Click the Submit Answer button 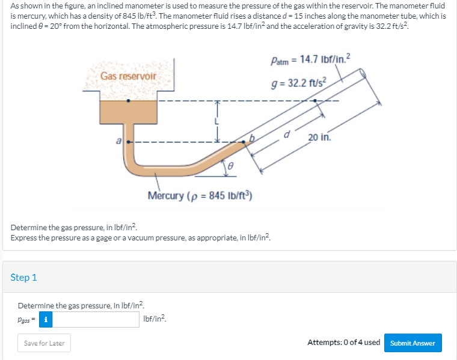pyautogui.click(x=413, y=343)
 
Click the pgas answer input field pyautogui.click(x=96, y=319)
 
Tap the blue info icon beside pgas pyautogui.click(x=44, y=319)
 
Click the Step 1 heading pyautogui.click(x=24, y=277)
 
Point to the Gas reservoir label pyautogui.click(x=128, y=76)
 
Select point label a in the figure pyautogui.click(x=118, y=141)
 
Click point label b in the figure pyautogui.click(x=253, y=138)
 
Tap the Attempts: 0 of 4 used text pyautogui.click(x=343, y=343)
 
